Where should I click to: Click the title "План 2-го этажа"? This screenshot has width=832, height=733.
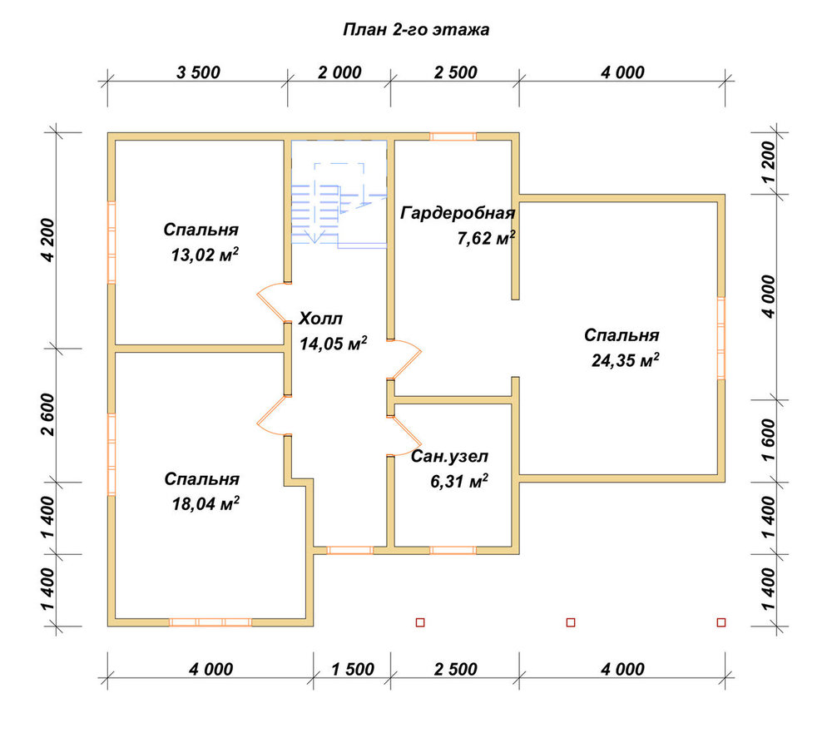(416, 30)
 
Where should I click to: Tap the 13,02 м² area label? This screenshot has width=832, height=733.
(205, 255)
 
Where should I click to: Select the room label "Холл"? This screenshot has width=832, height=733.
(320, 319)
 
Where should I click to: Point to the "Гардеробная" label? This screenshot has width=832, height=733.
(458, 213)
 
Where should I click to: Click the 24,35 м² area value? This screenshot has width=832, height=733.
(626, 360)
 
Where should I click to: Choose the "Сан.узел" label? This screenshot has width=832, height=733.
(449, 457)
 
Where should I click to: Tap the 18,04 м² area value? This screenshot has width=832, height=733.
(206, 503)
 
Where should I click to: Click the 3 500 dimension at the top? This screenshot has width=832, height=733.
(199, 72)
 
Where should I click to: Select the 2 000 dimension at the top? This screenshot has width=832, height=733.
(339, 72)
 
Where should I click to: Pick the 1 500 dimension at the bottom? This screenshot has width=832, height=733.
(353, 669)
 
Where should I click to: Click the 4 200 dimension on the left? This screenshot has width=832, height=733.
(47, 240)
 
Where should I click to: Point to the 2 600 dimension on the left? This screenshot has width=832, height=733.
(47, 414)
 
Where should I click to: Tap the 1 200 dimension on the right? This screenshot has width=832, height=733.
(768, 162)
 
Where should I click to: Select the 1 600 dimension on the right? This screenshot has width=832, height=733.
(768, 440)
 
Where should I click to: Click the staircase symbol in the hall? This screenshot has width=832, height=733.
(339, 194)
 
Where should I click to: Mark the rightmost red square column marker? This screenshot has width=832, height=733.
(721, 622)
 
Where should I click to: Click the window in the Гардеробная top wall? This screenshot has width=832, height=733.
(453, 136)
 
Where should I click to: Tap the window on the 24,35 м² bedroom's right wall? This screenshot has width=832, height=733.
(721, 338)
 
